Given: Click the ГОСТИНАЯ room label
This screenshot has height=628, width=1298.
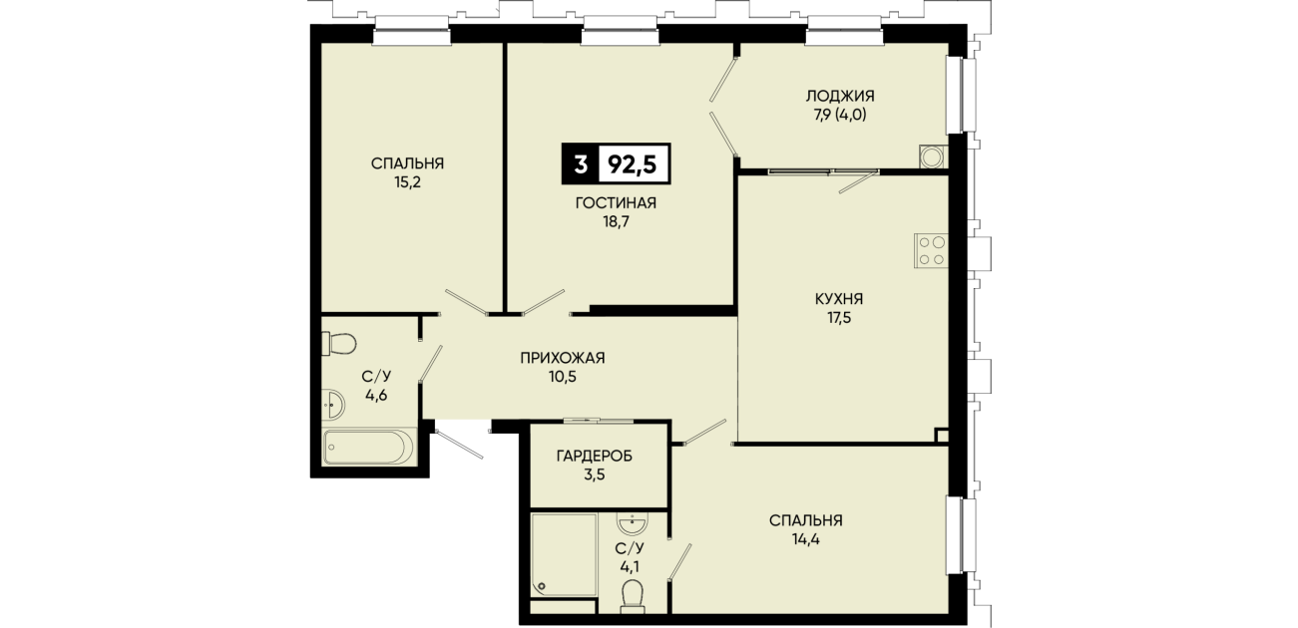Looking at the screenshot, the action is coord(616,203).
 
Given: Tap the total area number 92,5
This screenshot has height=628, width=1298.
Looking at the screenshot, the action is coord(632,164).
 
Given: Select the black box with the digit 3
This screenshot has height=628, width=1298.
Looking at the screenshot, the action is coord(580,164).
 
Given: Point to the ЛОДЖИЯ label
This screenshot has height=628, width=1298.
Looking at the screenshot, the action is coord(840,96).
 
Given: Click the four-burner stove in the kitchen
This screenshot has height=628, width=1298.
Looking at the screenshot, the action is coord(931,250).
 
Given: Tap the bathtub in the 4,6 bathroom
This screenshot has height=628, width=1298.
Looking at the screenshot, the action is coord(368,447).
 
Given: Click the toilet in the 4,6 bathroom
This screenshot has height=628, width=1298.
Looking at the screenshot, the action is coord(339,343).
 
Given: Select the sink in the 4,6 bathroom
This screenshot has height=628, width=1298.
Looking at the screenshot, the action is coord(333,404).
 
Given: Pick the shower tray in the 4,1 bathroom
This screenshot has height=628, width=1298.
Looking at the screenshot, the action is coord(564,555).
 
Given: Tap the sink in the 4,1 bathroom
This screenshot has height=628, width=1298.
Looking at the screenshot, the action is coord(633,523).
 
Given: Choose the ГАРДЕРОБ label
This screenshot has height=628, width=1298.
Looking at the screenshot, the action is coord(595,457).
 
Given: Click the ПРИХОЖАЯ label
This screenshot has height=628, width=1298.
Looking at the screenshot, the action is coord(562,358).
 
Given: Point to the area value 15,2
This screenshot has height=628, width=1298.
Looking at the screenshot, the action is coord(407,182).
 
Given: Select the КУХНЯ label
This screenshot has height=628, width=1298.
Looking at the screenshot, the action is coord(839,299).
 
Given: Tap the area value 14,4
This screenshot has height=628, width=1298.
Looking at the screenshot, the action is coord(806,539).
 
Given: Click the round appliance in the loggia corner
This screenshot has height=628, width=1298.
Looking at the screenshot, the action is coord(932,157).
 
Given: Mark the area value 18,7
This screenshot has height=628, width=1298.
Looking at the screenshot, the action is coord(616,221).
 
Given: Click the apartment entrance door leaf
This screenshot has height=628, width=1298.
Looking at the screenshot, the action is coord(459,444).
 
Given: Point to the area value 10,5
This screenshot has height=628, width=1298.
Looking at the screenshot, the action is coord(562,377).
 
